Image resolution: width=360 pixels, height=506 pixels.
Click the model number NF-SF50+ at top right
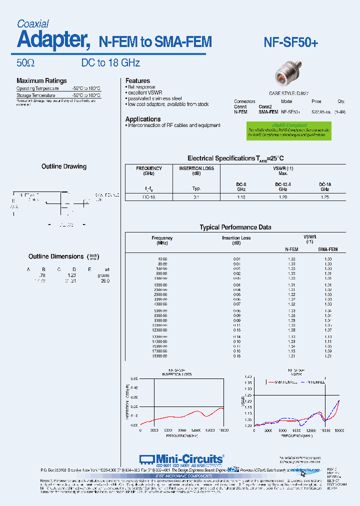tap(290, 43)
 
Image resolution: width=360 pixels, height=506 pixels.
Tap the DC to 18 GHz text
tap(110, 63)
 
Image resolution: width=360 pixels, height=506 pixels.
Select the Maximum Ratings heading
tap(41, 81)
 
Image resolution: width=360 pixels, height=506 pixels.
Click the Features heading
tap(137, 81)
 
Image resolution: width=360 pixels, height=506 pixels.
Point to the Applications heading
tap(143, 119)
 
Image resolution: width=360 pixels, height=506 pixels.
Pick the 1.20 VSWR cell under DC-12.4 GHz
tap(282, 197)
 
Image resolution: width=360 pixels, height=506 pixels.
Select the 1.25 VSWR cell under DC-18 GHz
tap(325, 197)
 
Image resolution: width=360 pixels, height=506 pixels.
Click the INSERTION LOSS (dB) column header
tap(196, 171)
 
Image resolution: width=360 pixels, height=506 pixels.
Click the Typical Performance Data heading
tap(235, 227)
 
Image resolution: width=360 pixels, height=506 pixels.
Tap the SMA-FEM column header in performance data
tap(328, 249)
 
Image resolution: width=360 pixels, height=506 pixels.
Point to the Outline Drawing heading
tap(64, 166)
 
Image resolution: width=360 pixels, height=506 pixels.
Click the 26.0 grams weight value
tap(105, 281)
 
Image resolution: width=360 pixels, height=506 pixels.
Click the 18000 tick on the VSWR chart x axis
tap(339, 430)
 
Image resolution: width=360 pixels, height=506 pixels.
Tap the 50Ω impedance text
tap(25, 63)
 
